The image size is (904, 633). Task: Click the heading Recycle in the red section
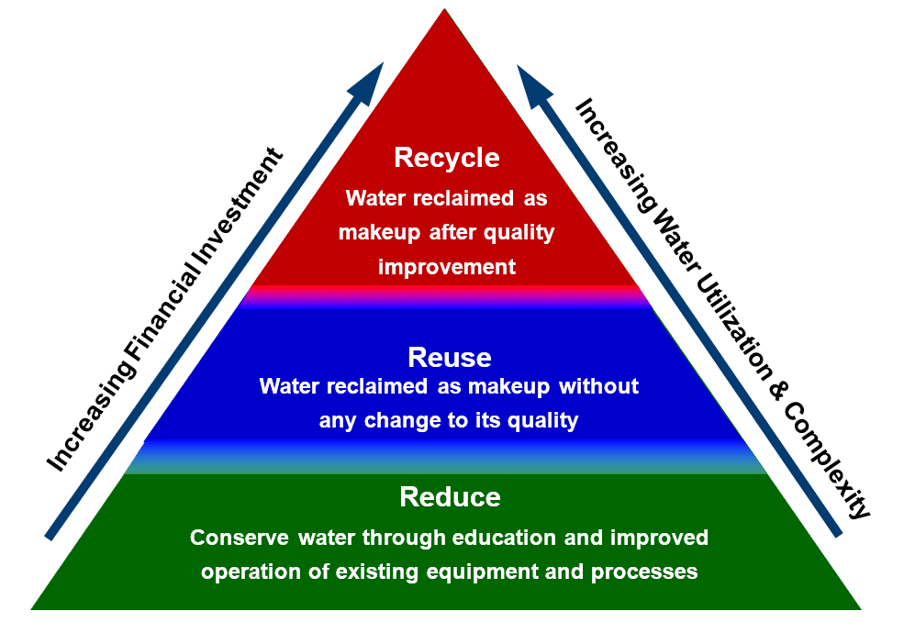[447, 158]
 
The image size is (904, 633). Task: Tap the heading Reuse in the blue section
[449, 358]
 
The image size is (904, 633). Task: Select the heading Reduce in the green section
[450, 497]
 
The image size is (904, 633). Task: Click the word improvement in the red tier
[447, 267]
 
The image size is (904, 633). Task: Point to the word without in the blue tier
[598, 385]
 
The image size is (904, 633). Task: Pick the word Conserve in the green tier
[240, 538]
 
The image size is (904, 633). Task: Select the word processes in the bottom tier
[644, 572]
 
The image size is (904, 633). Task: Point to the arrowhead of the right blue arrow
[531, 83]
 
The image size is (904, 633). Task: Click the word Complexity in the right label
[826, 461]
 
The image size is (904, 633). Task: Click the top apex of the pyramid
[444, 9]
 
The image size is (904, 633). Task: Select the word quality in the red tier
[519, 233]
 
